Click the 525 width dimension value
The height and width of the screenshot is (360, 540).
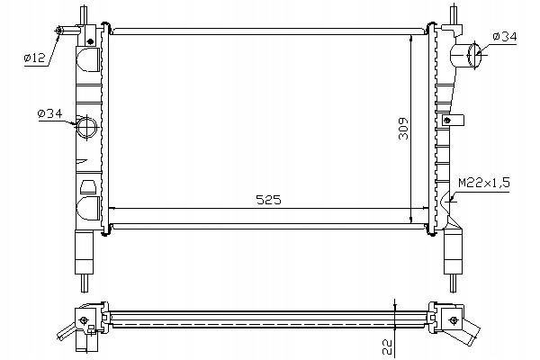(268, 200)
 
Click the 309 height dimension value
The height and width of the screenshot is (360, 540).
(403, 129)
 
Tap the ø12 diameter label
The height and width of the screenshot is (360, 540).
(34, 58)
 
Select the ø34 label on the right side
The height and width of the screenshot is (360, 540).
(505, 36)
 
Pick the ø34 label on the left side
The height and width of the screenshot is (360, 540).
(49, 113)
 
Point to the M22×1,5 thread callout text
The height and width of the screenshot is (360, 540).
(484, 183)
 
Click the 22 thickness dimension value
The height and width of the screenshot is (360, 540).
(387, 346)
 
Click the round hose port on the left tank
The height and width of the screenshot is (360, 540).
(86, 127)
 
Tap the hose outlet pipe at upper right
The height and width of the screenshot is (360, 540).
(465, 55)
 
